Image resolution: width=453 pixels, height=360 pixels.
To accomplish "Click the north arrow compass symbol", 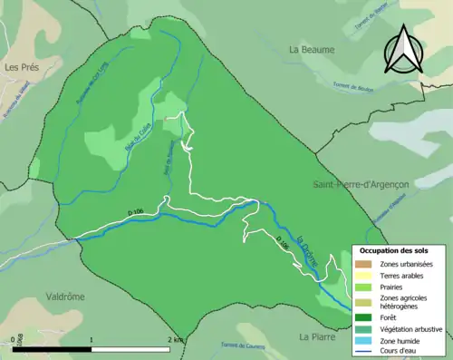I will (402, 49).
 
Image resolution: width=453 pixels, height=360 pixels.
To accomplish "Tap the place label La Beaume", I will (312, 49).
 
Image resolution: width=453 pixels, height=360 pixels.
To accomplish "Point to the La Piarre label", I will (318, 336).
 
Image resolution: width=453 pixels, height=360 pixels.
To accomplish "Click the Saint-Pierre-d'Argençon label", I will (361, 184).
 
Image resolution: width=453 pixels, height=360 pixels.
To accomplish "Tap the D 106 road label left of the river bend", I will (136, 212).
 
